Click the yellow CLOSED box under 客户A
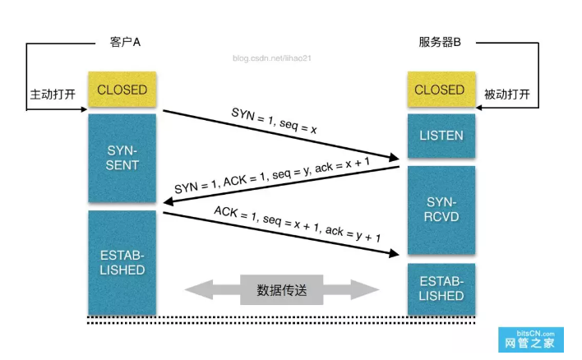(x=122, y=90)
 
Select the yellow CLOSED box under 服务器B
(x=439, y=90)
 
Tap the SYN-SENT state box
(x=122, y=158)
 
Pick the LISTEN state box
(x=441, y=136)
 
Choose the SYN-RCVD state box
(x=441, y=210)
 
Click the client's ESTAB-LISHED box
(x=122, y=261)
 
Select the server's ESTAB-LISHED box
(x=441, y=288)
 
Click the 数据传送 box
(x=282, y=289)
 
